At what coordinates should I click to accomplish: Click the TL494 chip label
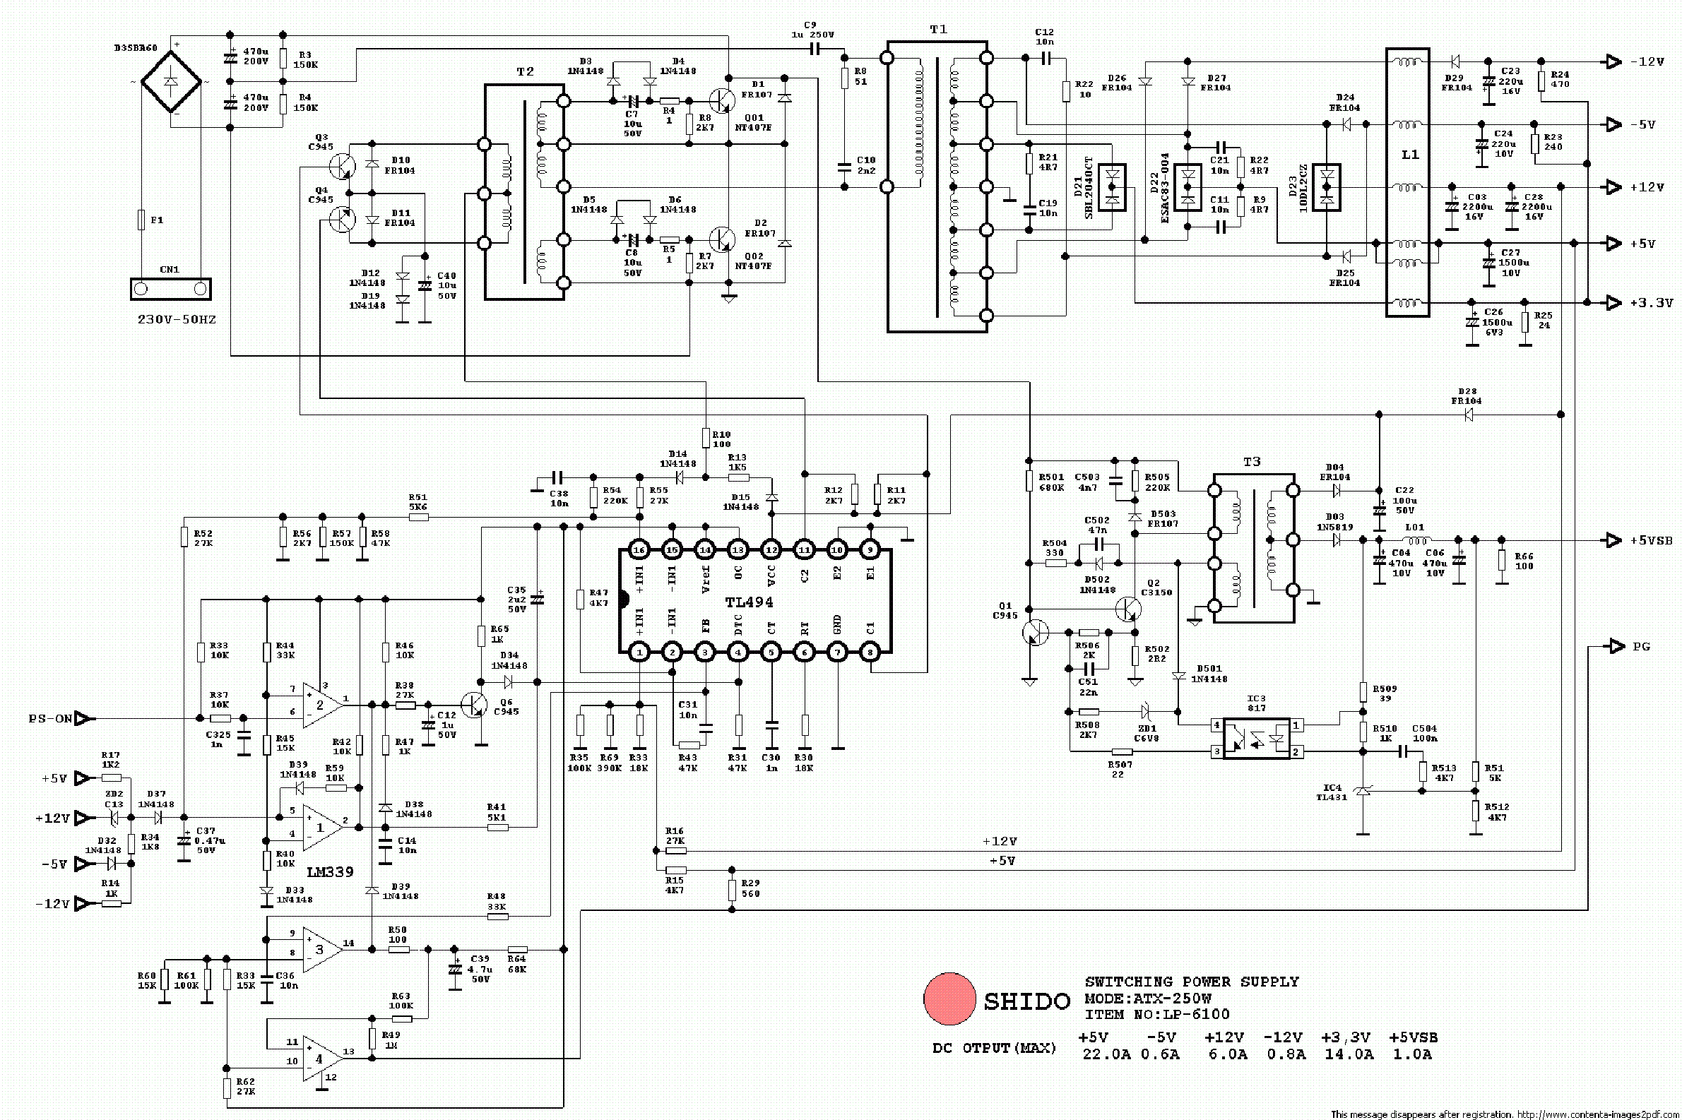click(749, 602)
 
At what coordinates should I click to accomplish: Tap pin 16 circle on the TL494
click(639, 550)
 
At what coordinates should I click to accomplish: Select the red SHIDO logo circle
click(949, 999)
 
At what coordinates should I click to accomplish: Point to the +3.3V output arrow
click(1613, 303)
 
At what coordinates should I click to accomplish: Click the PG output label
click(1642, 646)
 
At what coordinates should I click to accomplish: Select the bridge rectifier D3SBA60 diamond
click(171, 81)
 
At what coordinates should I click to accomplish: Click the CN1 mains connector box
click(171, 289)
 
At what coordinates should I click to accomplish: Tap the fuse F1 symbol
click(141, 220)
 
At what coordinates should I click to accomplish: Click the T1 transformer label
click(938, 29)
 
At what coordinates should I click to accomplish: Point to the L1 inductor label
click(1410, 154)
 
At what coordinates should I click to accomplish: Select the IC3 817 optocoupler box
click(1256, 739)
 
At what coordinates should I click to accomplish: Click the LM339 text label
click(330, 871)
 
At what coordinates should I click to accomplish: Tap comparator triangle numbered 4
click(319, 1059)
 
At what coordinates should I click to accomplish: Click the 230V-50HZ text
click(177, 319)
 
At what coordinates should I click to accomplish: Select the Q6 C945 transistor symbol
click(475, 704)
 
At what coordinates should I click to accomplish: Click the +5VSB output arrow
click(1613, 540)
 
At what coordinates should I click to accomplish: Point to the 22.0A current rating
click(1107, 1054)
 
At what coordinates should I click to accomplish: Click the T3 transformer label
click(1252, 462)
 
